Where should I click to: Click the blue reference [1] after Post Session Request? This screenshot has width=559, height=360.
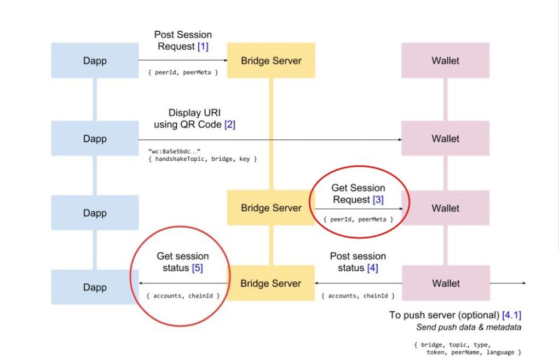click(203, 47)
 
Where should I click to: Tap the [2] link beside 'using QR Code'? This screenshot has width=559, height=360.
click(230, 125)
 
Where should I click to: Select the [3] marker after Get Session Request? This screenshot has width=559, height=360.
click(378, 200)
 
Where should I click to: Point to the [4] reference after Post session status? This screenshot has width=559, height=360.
click(372, 268)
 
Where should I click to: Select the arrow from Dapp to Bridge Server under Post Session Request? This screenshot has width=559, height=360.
click(182, 60)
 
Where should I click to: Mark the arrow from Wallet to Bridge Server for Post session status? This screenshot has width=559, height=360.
click(358, 283)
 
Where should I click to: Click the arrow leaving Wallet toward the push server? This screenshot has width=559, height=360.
click(506, 283)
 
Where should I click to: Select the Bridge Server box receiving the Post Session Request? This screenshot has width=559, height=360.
click(271, 60)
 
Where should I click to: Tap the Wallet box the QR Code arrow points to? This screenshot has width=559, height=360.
click(445, 138)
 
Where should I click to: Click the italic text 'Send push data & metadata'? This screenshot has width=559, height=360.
click(468, 327)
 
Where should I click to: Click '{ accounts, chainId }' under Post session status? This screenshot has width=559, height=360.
click(358, 295)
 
